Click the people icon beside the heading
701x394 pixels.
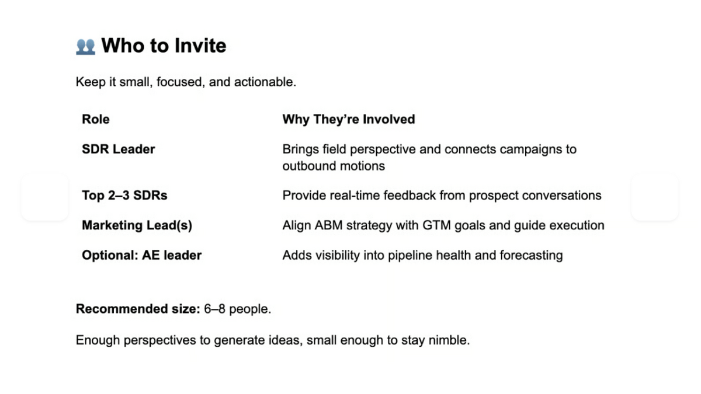[85, 46]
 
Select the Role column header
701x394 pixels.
[96, 120]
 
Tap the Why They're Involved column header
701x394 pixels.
[349, 120]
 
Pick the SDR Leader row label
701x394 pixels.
[119, 149]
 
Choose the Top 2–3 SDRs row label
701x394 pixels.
[124, 196]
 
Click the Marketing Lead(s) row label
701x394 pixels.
[137, 225]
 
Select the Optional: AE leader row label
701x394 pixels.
[142, 255]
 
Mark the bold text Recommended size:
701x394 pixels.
[138, 309]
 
